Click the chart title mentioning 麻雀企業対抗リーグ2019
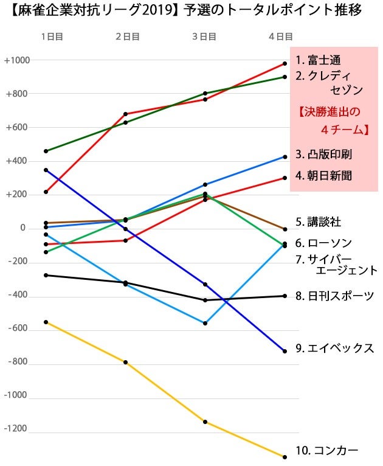coord(191,10)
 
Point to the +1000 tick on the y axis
coord(17,60)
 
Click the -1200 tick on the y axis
coord(16,429)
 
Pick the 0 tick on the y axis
coord(22,228)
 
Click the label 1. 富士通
coord(319,60)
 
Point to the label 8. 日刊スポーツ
coord(334,296)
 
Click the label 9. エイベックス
coord(334,349)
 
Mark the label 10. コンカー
coord(326,451)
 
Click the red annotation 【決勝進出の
coord(330,112)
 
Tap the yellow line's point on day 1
coord(46,322)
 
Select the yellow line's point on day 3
coord(205,422)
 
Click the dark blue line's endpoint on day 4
coord(284,351)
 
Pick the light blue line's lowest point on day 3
coord(205,323)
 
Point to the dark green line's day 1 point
coord(46,151)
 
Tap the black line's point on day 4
coord(284,296)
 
